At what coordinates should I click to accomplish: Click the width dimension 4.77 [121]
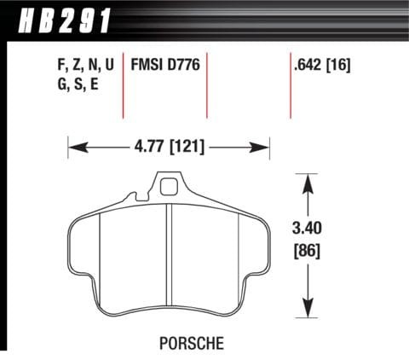click(169, 146)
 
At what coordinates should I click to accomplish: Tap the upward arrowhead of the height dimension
click(306, 179)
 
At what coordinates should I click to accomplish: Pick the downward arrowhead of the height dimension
click(306, 310)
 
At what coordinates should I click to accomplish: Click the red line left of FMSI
click(124, 85)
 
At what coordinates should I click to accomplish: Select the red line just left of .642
click(289, 85)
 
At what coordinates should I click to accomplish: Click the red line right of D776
click(207, 85)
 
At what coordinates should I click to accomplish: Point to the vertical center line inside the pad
click(170, 256)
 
